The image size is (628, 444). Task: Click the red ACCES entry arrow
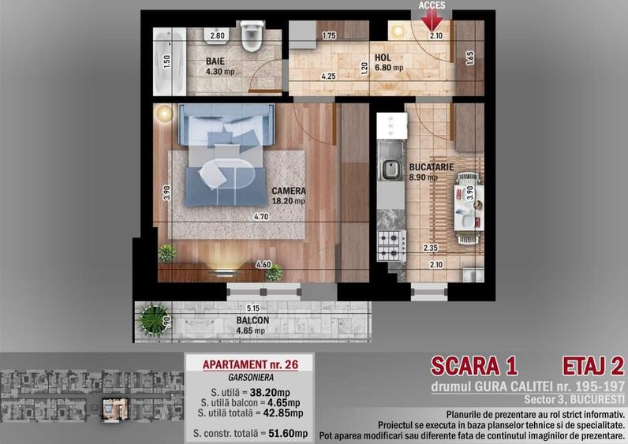click(432, 20)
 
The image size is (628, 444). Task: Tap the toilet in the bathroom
click(252, 36)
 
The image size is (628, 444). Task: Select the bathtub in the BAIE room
click(170, 62)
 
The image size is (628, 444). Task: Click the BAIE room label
click(215, 62)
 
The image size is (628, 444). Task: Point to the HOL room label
click(383, 58)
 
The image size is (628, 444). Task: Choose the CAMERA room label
click(289, 191)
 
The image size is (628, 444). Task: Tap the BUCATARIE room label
click(431, 167)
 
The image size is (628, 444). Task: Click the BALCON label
click(252, 320)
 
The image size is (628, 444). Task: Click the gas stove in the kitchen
click(392, 245)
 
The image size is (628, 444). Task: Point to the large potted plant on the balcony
click(152, 319)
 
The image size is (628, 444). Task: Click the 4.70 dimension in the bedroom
click(261, 217)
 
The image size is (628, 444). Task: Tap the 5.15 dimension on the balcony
click(253, 308)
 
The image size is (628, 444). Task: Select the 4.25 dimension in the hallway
click(328, 76)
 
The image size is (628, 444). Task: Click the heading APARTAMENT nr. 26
click(250, 364)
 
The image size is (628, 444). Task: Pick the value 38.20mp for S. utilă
click(270, 393)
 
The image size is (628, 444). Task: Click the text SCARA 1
click(474, 366)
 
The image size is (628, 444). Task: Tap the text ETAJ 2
click(593, 366)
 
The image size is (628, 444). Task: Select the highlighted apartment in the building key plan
click(115, 409)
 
